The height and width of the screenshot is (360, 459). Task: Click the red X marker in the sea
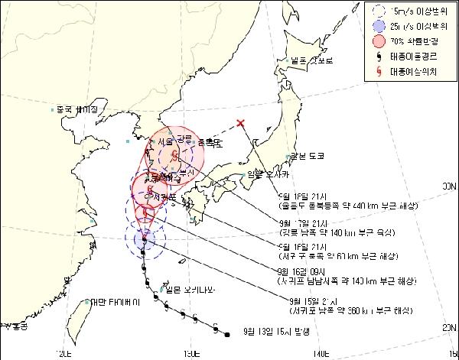241,123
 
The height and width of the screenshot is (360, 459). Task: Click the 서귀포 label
166,196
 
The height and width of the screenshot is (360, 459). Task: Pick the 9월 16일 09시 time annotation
292,270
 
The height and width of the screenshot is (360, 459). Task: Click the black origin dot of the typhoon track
227,333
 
